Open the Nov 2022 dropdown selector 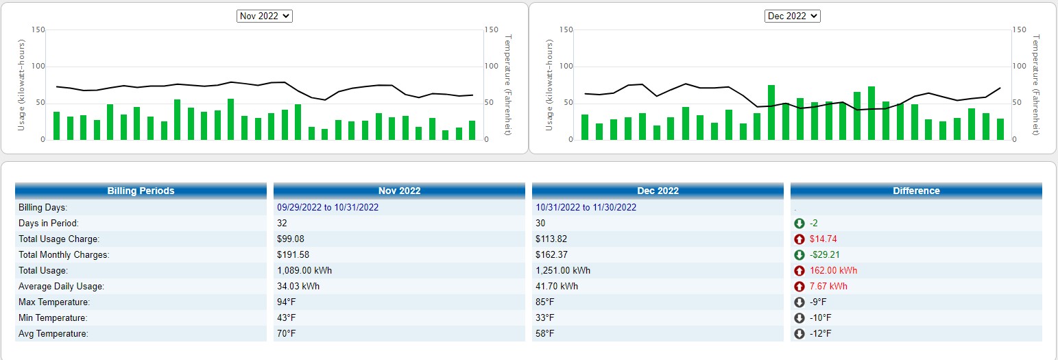[x=265, y=16]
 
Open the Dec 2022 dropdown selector [x=793, y=16]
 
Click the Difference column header [x=916, y=191]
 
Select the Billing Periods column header [x=141, y=191]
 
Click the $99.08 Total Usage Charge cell [x=291, y=239]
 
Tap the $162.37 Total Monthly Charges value [x=551, y=254]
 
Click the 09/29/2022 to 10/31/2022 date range [x=328, y=207]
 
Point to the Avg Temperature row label [x=53, y=333]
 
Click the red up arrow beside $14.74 [x=799, y=239]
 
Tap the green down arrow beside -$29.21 [x=799, y=255]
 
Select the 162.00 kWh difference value [x=833, y=271]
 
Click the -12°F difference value [x=821, y=333]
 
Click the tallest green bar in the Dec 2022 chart [x=771, y=112]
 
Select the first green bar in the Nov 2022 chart [x=57, y=125]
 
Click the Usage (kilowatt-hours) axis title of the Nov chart [x=21, y=85]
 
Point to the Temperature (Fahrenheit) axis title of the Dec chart [x=1036, y=85]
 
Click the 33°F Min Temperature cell [x=545, y=318]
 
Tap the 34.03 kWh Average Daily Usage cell [x=298, y=287]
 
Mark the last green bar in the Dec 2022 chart [x=1000, y=129]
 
